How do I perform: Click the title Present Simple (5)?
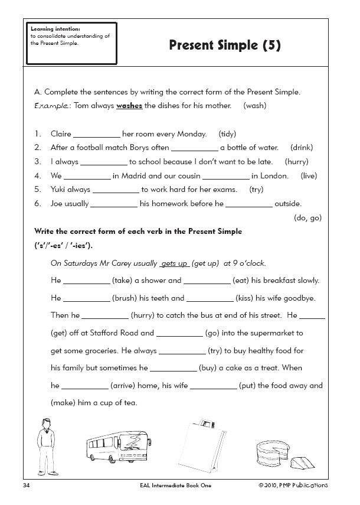tap(225, 45)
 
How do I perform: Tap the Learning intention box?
tap(62, 43)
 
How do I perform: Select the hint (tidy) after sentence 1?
tap(227, 134)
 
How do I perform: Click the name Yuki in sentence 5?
tap(60, 190)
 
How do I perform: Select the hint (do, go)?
tap(307, 217)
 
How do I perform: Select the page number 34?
tap(26, 485)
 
